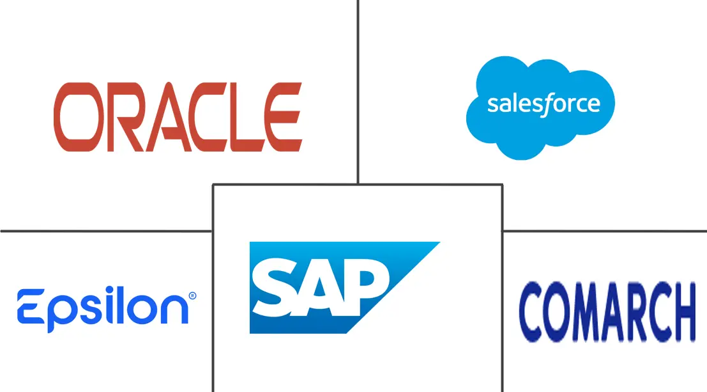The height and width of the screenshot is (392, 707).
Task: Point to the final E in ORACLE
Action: click(x=283, y=116)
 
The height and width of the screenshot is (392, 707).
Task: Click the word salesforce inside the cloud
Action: click(x=544, y=105)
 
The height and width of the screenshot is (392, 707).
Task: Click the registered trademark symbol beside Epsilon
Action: click(x=192, y=296)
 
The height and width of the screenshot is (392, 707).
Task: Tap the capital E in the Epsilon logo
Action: click(x=31, y=306)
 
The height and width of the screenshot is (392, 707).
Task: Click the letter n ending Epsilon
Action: click(x=174, y=310)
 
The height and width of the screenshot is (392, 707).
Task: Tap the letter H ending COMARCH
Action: click(x=681, y=311)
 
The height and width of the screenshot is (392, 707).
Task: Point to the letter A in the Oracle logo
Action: click(x=165, y=116)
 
